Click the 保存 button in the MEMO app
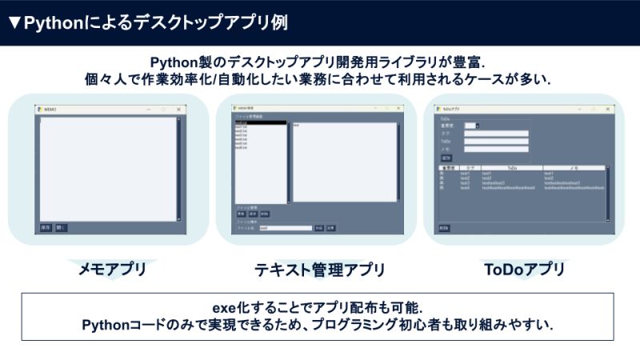pyautogui.click(x=46, y=228)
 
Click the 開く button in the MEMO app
pyautogui.click(x=61, y=228)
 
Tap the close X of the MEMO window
pyautogui.click(x=178, y=109)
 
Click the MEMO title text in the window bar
pyautogui.click(x=50, y=109)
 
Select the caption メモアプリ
pyautogui.click(x=111, y=270)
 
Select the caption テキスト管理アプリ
pyautogui.click(x=319, y=270)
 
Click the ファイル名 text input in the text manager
pyautogui.click(x=285, y=228)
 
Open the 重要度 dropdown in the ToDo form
pyautogui.click(x=471, y=126)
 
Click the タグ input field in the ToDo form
pyautogui.click(x=496, y=134)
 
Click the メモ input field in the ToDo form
pyautogui.click(x=496, y=149)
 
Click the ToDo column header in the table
pyautogui.click(x=512, y=168)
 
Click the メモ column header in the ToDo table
pyautogui.click(x=574, y=168)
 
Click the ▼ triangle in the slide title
pyautogui.click(x=14, y=23)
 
